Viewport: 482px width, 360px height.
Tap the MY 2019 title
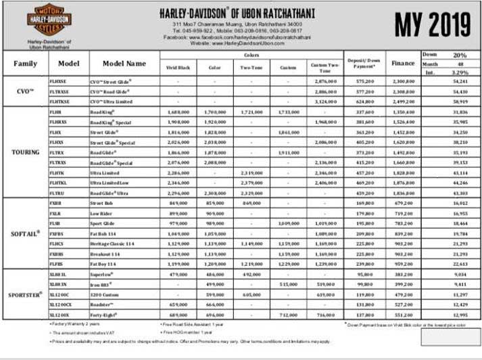pyautogui.click(x=432, y=25)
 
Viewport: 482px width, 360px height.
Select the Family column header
pyautogui.click(x=25, y=64)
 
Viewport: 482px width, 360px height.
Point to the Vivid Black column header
pyautogui.click(x=179, y=68)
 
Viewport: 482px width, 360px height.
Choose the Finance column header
pyautogui.click(x=403, y=63)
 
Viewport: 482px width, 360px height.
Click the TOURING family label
pyautogui.click(x=26, y=152)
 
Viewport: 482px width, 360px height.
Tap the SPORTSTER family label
pyautogui.click(x=26, y=294)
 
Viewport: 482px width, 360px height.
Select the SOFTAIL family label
pyautogui.click(x=26, y=233)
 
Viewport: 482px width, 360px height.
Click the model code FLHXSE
pyautogui.click(x=59, y=81)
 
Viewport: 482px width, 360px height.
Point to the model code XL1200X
pyautogui.click(x=59, y=315)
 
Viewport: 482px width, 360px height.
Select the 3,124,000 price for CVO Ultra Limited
pyautogui.click(x=325, y=101)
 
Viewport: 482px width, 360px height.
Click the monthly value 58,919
pyautogui.click(x=458, y=101)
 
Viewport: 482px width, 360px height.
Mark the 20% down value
pyautogui.click(x=460, y=54)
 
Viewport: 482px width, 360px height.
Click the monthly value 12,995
pyautogui.click(x=458, y=315)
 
